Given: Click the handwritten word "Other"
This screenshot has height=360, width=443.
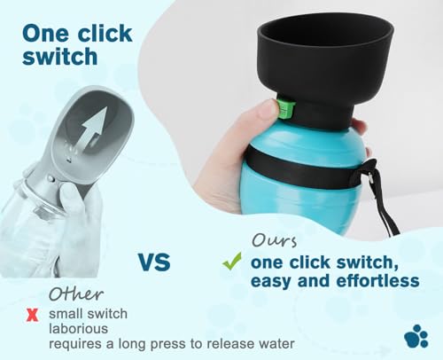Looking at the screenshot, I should [x=74, y=293].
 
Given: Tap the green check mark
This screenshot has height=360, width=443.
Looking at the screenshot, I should [x=232, y=262].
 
